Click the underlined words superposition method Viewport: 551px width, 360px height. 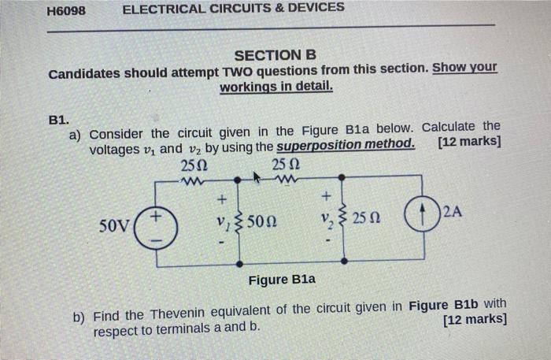pyautogui.click(x=346, y=147)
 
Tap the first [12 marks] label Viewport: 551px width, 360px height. pyautogui.click(x=470, y=143)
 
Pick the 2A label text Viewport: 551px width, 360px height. pyautogui.click(x=453, y=210)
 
